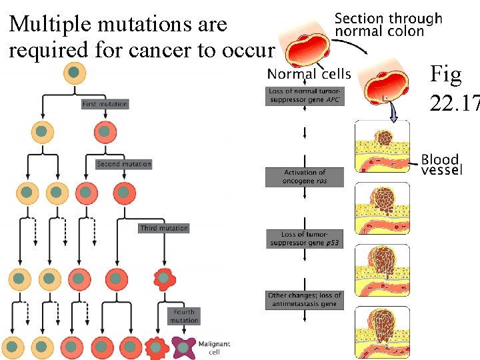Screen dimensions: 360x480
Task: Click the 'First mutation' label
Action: tap(105, 104)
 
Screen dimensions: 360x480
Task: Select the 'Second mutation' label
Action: tap(123, 164)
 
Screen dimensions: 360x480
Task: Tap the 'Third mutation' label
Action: tap(164, 228)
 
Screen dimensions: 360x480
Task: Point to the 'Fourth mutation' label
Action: tap(184, 315)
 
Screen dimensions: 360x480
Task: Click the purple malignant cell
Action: tap(182, 346)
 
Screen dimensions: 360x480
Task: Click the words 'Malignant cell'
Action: tap(214, 347)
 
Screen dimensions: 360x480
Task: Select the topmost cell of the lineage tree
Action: tap(74, 73)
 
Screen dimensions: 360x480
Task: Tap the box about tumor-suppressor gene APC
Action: tap(305, 95)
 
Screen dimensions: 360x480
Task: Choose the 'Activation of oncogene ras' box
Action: tap(305, 177)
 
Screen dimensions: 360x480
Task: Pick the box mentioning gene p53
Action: tap(305, 239)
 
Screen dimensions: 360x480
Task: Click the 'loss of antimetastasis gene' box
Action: tap(305, 299)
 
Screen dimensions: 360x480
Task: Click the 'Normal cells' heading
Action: tap(309, 73)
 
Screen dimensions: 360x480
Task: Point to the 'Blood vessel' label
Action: tap(441, 164)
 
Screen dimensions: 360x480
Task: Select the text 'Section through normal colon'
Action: tap(387, 25)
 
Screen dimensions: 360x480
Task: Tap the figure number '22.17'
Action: tap(454, 104)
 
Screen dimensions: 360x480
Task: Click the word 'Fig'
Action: tap(446, 75)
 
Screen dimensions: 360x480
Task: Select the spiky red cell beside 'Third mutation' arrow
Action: tap(162, 278)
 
